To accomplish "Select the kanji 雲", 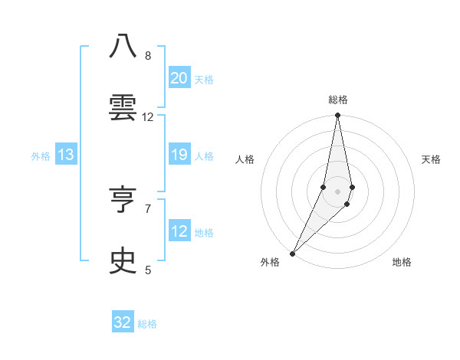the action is coord(123,108).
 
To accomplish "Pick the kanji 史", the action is coord(123,261).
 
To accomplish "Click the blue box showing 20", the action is coord(179,78).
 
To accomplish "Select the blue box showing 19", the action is coord(179,155).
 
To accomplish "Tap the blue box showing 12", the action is coord(179,231).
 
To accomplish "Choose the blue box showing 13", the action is coord(65,155).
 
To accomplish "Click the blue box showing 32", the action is coord(123,322).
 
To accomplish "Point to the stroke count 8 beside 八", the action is coord(148,56).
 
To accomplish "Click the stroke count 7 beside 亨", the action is coord(148,208).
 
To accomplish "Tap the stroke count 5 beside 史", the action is coord(148,270).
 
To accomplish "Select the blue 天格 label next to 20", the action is coord(204,80).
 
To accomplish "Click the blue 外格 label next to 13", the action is coord(41,156).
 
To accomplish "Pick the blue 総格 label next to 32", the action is coord(148,324).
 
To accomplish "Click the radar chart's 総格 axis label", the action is coord(337,100).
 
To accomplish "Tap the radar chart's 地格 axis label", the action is coord(402,262).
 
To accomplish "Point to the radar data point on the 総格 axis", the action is coord(337,116).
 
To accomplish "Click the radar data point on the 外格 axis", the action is coord(292,253).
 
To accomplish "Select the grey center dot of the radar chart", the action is coord(337,191).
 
